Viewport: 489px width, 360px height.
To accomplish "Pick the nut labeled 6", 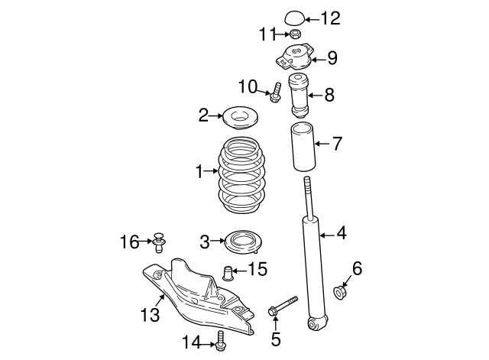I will pos(342,291).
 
